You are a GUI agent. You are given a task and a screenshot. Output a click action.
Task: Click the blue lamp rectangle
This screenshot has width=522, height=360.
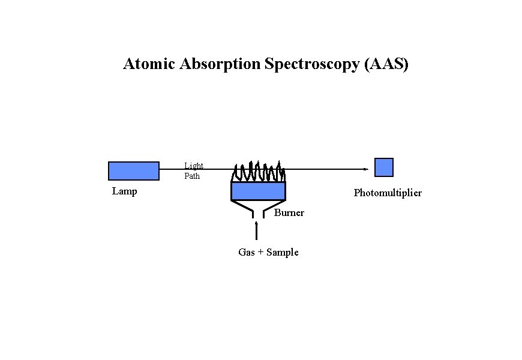(134, 171)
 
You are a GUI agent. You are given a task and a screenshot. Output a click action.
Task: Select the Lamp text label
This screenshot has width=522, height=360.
(124, 191)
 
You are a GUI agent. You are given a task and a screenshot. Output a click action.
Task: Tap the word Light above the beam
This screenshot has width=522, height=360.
(193, 166)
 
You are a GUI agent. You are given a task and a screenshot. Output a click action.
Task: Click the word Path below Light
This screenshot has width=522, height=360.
(192, 176)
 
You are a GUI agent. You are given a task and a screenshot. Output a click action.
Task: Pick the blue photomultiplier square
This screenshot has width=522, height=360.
(384, 167)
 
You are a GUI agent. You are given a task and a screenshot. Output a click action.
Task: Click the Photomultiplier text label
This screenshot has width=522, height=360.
(388, 193)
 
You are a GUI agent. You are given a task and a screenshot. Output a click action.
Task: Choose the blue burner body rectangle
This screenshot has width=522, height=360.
(258, 191)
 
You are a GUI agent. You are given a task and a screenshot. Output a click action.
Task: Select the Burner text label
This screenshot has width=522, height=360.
(289, 213)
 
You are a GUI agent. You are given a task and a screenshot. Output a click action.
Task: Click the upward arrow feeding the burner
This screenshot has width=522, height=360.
(257, 231)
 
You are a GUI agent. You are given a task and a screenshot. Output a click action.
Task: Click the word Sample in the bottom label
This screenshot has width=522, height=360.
(282, 253)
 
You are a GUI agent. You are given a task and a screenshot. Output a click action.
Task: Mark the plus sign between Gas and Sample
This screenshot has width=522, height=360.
(260, 253)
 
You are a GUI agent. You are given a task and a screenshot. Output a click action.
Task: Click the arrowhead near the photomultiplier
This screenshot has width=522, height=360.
(365, 169)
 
